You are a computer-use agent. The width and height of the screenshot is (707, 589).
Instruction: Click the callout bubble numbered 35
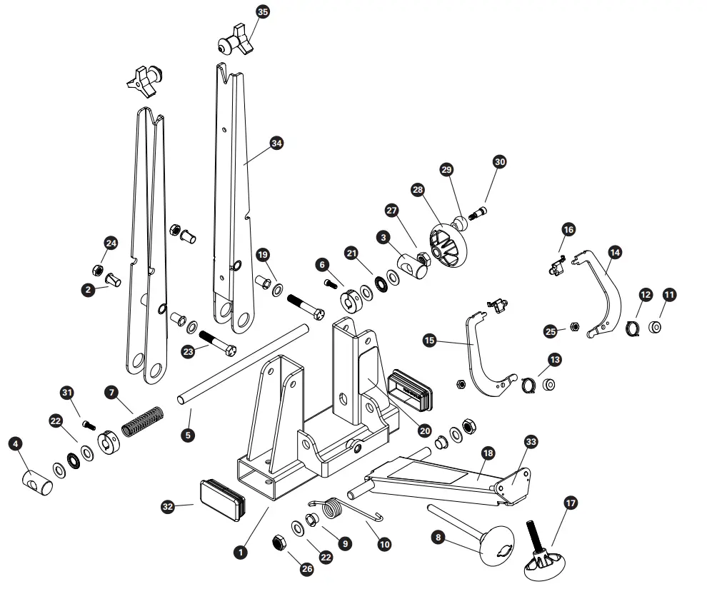(263, 12)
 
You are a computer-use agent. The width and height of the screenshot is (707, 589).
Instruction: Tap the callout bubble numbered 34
(276, 143)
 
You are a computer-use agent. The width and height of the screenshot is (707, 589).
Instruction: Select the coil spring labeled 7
(143, 421)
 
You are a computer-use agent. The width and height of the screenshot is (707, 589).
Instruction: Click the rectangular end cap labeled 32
(222, 496)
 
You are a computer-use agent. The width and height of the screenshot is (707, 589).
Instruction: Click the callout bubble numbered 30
(499, 162)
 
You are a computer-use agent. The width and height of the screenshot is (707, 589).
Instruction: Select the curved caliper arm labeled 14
(603, 293)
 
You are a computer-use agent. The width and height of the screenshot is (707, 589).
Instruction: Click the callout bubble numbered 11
(669, 294)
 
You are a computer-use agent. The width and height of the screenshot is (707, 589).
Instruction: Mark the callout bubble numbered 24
(111, 243)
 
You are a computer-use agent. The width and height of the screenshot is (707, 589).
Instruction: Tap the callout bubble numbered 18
(488, 453)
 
